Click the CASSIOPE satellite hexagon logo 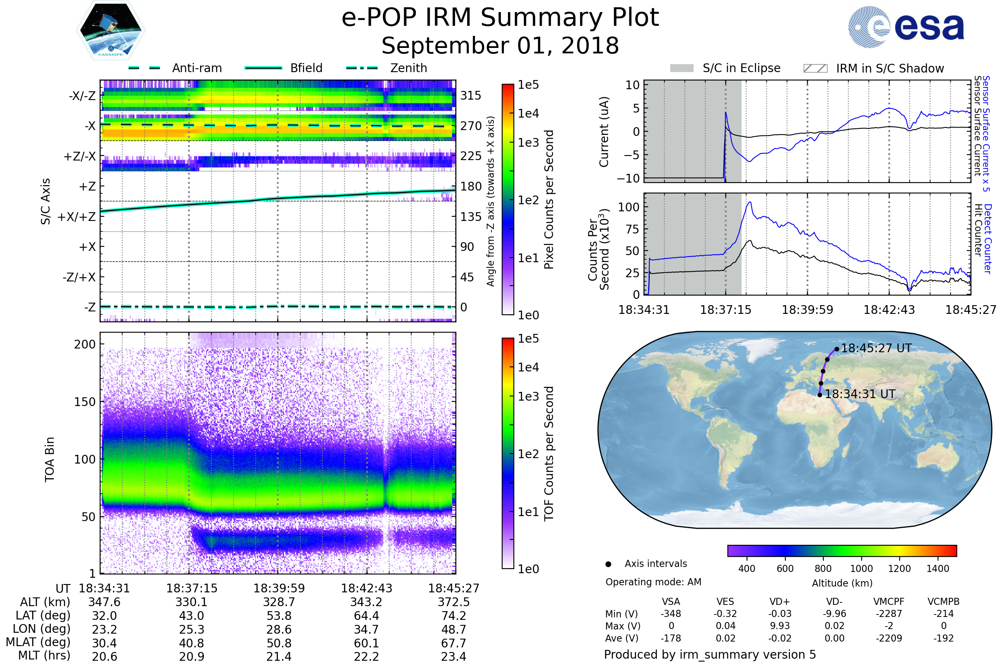pos(111,30)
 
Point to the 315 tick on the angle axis pos(470,95)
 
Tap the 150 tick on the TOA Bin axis pos(85,402)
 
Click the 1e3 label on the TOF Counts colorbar pos(528,396)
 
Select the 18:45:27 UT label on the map pos(876,349)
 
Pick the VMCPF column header pos(889,602)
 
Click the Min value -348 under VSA pos(671,614)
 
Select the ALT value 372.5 pos(454,602)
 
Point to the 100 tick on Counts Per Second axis pos(629,208)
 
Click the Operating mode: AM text pos(653,582)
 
